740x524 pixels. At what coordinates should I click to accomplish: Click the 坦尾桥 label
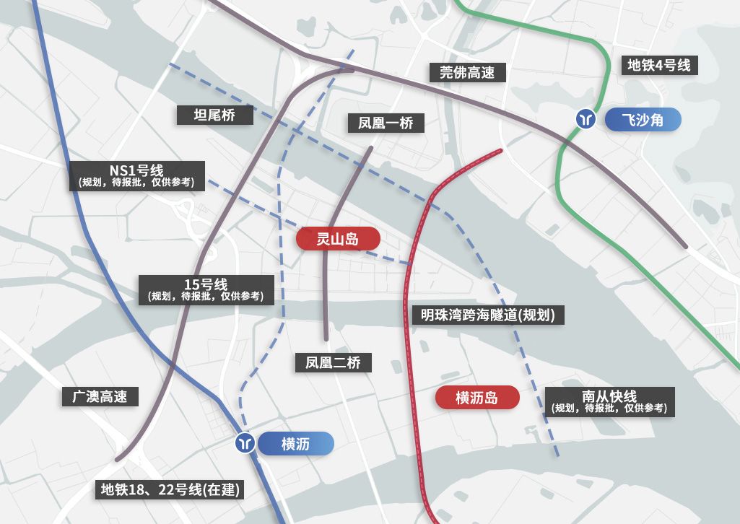[215, 114]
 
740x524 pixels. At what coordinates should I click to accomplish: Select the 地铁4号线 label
[658, 66]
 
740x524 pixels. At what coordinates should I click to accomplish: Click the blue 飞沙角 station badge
[643, 120]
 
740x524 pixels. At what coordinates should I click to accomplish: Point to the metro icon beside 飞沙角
[585, 118]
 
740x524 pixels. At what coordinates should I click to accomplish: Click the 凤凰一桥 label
[386, 123]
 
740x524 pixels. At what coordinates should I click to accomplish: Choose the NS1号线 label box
[136, 176]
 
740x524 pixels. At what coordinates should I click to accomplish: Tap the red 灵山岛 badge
[338, 238]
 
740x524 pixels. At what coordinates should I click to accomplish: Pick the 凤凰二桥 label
[334, 362]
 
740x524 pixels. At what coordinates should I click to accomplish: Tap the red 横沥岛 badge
[477, 398]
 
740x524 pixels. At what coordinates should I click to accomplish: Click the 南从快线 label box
[609, 401]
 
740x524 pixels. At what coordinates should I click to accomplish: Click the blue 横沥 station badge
[295, 444]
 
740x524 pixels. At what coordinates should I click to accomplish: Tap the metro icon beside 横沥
[245, 443]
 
